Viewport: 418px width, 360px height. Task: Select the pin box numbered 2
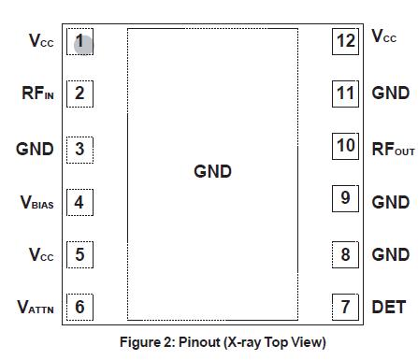[79, 94]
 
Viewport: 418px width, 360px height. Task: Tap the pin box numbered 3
[79, 149]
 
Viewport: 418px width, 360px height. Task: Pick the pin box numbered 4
[79, 202]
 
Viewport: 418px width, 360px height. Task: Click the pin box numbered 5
[79, 254]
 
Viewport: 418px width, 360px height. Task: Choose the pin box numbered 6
[79, 307]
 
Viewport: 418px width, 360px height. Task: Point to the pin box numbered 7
[345, 307]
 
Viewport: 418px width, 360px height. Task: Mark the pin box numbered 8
[345, 254]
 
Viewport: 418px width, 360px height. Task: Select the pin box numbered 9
[345, 199]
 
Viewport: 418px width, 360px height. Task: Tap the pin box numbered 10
[346, 147]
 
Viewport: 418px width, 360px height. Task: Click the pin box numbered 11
[346, 94]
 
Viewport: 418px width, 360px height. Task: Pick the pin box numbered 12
[346, 41]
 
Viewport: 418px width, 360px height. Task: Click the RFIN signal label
[38, 94]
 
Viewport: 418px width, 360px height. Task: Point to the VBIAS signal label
[37, 202]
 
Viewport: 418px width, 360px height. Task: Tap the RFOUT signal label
[393, 148]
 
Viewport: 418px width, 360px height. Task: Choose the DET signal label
[388, 307]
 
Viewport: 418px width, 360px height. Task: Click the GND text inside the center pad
[212, 172]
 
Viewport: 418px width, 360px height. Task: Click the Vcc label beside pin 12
[384, 37]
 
